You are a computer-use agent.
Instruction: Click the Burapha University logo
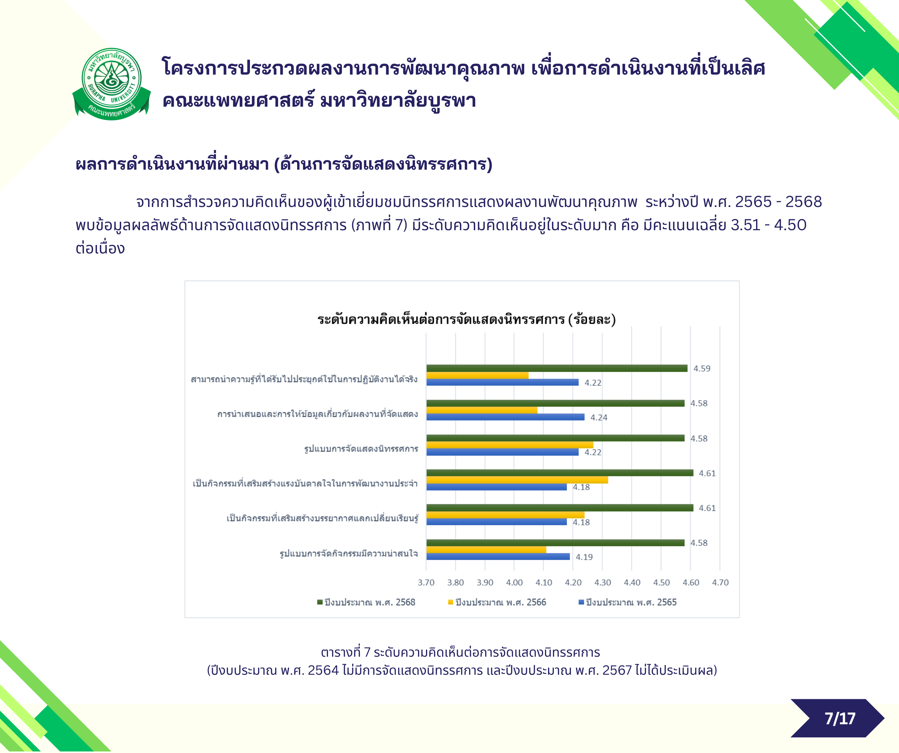(111, 84)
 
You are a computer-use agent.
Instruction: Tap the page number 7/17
(840, 718)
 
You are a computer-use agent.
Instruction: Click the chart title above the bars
(466, 319)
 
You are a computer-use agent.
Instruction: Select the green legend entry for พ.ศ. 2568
(366, 602)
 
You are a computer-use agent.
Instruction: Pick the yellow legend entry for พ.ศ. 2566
(497, 602)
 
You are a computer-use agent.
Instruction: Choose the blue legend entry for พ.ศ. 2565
(628, 602)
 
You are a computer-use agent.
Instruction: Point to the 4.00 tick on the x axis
(514, 582)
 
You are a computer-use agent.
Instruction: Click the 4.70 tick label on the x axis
(720, 582)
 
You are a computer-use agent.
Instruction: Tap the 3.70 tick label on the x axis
(426, 582)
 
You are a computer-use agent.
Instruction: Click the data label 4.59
(702, 368)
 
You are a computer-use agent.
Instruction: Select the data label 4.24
(599, 418)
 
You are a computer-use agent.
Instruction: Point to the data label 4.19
(584, 557)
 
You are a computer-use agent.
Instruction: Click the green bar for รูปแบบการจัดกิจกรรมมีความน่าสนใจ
(555, 542)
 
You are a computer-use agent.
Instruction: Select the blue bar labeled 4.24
(505, 417)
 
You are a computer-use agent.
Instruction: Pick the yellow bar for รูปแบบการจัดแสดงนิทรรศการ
(509, 445)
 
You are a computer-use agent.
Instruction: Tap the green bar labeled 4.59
(557, 368)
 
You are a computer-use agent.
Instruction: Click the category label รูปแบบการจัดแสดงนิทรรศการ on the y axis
(361, 449)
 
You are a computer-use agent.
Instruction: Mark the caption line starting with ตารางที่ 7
(460, 652)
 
